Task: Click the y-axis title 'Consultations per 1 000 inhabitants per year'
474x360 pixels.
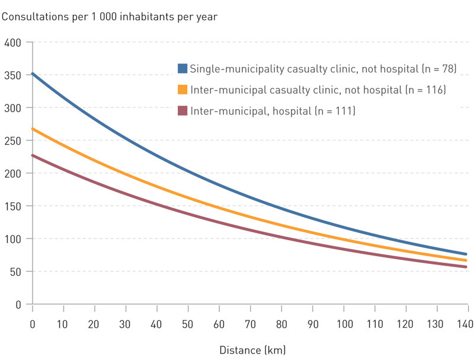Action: click(x=110, y=16)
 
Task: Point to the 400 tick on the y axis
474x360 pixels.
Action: click(x=13, y=42)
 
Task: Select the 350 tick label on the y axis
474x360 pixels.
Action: click(x=13, y=75)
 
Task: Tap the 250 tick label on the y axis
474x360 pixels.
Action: click(x=13, y=141)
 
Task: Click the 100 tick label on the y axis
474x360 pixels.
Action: click(x=13, y=239)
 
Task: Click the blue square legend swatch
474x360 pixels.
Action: click(x=182, y=68)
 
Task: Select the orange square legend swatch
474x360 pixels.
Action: click(x=182, y=90)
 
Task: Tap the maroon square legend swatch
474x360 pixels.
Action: click(x=182, y=110)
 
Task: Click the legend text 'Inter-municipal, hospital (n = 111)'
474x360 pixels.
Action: click(x=273, y=110)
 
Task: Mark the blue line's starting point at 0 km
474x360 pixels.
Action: click(x=33, y=74)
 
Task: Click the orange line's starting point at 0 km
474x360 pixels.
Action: click(x=33, y=129)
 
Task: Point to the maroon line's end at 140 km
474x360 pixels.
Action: click(x=466, y=267)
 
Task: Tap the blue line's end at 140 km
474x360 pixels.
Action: click(x=466, y=254)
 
